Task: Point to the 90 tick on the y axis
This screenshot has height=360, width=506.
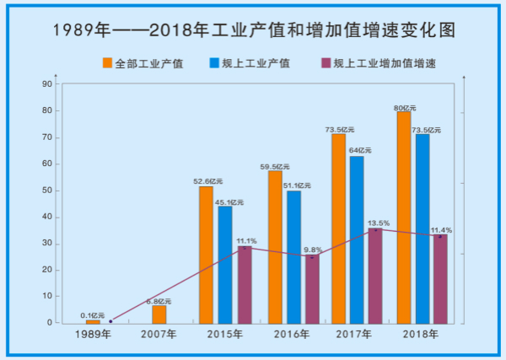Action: [47, 84]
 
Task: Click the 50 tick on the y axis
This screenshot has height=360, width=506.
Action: [47, 191]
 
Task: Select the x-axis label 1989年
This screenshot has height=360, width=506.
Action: [93, 335]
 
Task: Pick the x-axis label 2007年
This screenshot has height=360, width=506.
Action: [159, 335]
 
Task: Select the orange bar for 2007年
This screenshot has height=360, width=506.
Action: [159, 314]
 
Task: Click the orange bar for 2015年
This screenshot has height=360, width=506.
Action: [206, 255]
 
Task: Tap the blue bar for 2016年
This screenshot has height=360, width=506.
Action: [293, 257]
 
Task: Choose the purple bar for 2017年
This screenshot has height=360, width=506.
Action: [375, 276]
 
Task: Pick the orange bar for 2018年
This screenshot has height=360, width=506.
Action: [404, 218]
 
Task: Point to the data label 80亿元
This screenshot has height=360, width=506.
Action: [405, 107]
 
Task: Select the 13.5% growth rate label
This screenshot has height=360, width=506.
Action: [377, 223]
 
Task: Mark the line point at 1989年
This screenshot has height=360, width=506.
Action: [110, 321]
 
